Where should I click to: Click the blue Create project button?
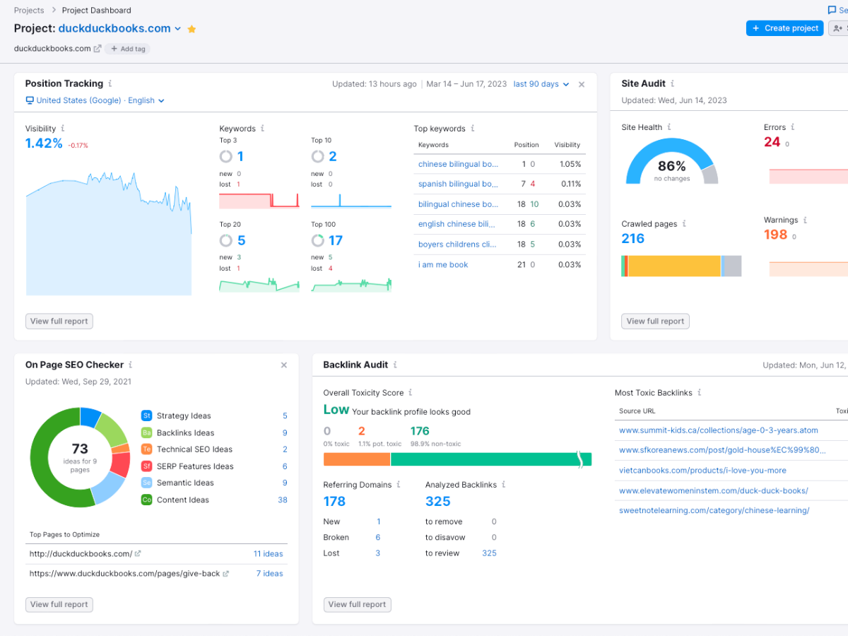(784, 28)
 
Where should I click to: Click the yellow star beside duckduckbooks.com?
(192, 29)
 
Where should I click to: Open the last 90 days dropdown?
(541, 84)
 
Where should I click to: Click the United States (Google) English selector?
(95, 100)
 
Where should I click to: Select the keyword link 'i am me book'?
(443, 265)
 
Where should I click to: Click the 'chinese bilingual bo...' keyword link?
(458, 164)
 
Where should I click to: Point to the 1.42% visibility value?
(44, 143)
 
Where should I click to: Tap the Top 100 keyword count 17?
(336, 240)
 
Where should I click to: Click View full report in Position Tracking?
(59, 321)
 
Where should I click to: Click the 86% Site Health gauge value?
(671, 166)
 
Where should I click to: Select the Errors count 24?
(772, 142)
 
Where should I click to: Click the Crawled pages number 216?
(632, 239)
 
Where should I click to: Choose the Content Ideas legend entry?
(182, 500)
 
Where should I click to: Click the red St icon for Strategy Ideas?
(146, 416)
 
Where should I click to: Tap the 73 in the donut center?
(80, 449)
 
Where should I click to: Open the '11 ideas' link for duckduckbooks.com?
(268, 554)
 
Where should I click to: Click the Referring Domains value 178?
(334, 501)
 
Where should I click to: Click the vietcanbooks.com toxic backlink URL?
(702, 471)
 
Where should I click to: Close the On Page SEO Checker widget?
(284, 365)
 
